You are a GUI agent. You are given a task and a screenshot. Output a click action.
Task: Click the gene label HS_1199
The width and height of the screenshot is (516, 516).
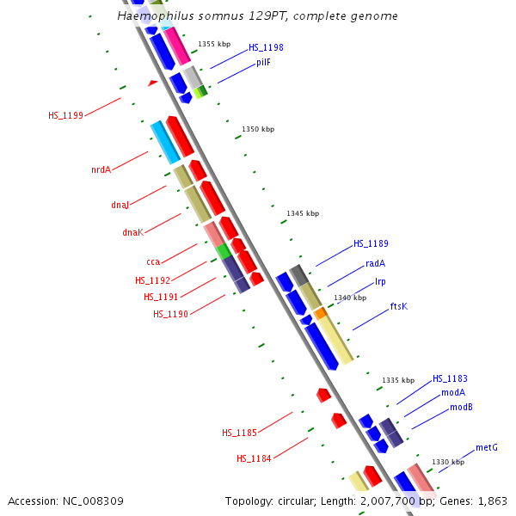65,115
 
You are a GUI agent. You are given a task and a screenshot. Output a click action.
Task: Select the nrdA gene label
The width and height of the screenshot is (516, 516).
101,169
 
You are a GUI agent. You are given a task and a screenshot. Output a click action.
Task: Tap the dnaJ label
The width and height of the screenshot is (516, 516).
120,205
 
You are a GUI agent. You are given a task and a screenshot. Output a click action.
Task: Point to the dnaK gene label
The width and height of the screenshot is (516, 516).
132,232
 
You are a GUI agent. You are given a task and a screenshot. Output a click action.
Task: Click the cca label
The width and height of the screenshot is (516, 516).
153,261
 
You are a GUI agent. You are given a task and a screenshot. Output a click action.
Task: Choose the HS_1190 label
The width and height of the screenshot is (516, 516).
170,314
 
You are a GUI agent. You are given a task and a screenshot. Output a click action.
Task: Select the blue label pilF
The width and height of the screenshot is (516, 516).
263,62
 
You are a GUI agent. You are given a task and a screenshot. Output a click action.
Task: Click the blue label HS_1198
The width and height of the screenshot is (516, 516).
266,47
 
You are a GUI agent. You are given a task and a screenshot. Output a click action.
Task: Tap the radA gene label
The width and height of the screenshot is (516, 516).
375,264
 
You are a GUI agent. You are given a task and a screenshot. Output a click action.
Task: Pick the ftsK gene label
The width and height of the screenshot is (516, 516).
399,306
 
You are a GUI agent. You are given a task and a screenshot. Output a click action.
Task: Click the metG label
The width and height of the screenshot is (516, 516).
487,447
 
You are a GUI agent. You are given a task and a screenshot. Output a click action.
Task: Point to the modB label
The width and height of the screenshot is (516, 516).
461,407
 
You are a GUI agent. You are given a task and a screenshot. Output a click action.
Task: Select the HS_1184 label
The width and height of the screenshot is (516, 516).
254,458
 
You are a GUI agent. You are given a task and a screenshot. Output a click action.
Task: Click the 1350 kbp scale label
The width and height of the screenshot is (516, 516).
258,129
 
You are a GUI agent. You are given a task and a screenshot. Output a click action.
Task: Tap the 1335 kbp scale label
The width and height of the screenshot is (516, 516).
398,380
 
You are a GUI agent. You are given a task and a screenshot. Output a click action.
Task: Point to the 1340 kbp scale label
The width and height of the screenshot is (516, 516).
350,298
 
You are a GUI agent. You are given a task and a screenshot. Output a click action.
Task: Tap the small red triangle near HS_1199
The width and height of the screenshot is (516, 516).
152,83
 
